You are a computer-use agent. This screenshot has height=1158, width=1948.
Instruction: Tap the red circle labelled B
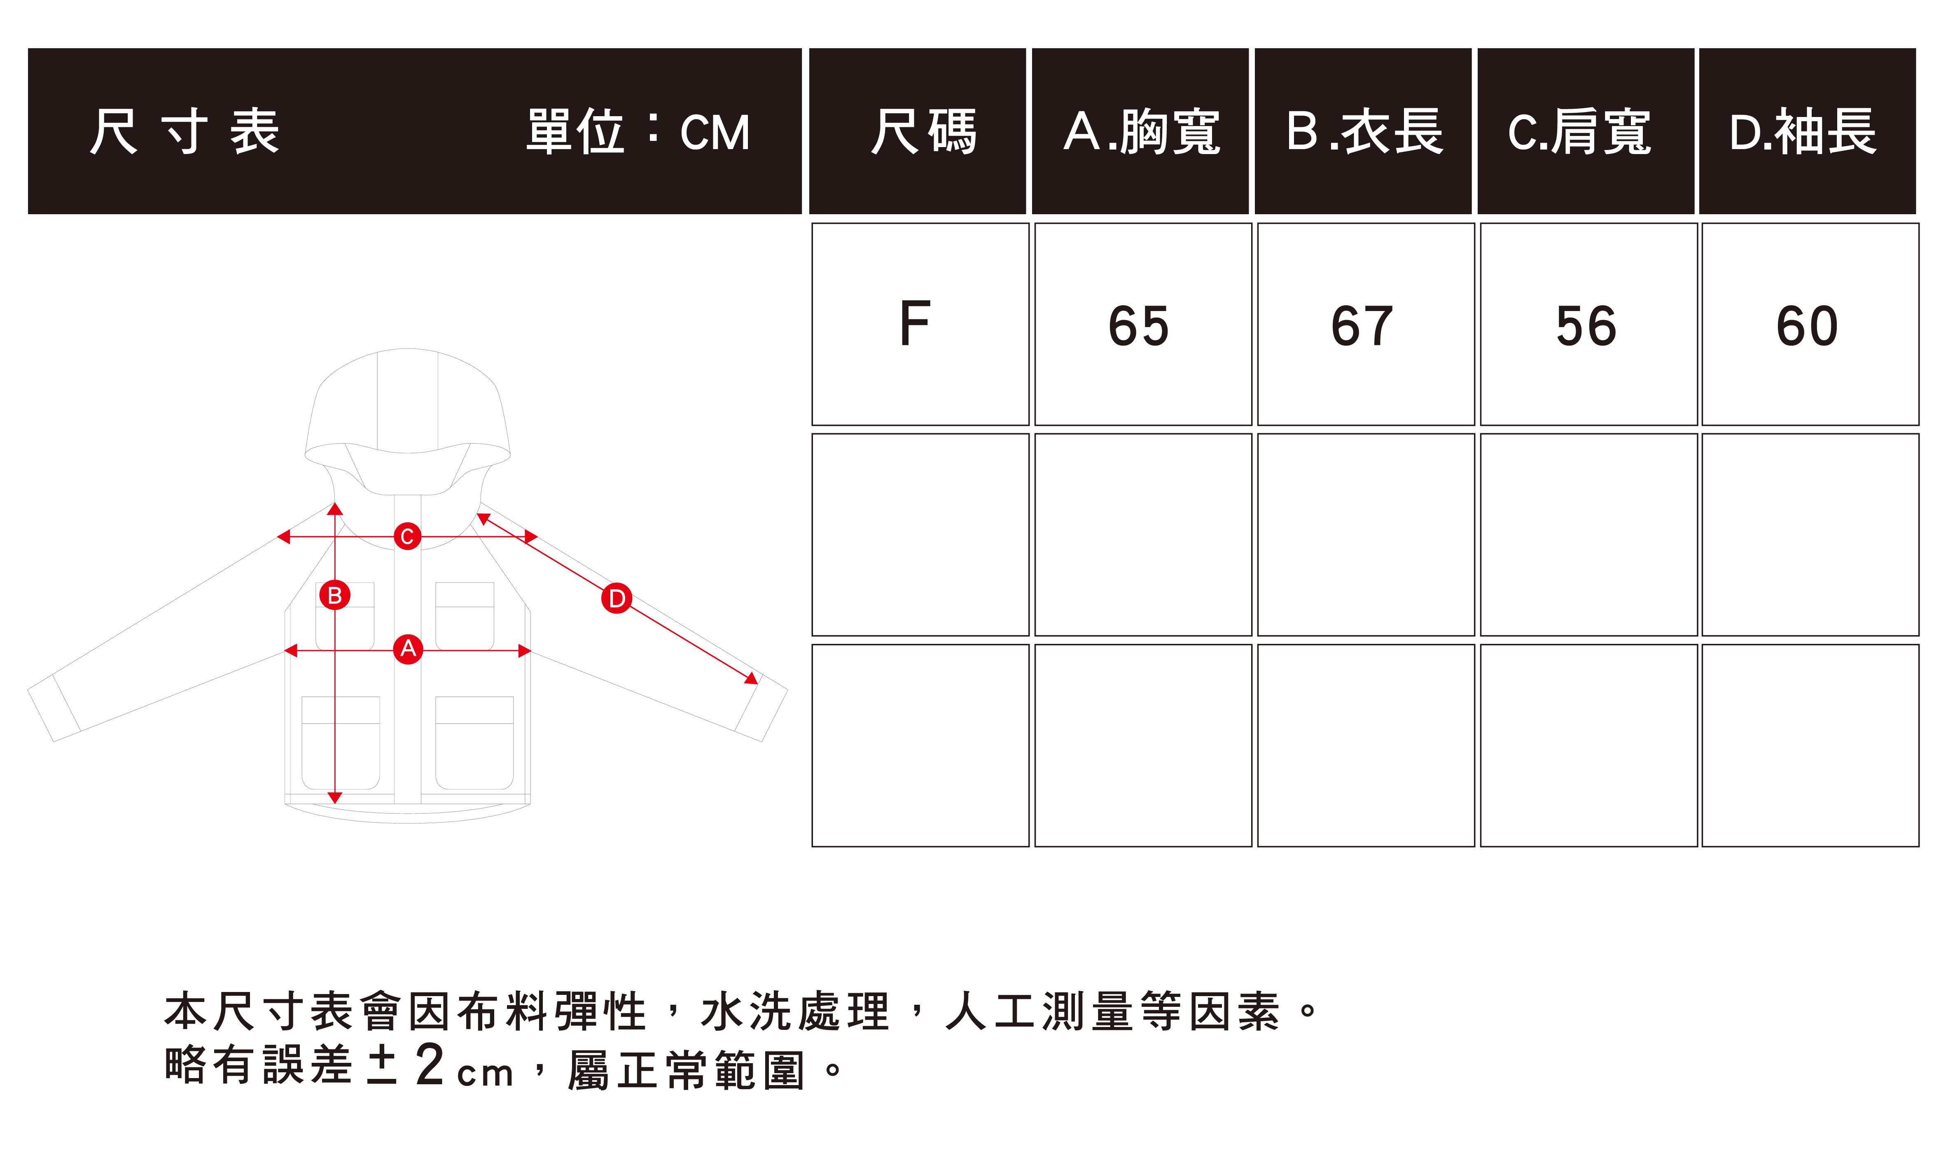pyautogui.click(x=335, y=595)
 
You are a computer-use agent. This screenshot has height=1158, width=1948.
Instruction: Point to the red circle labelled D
pyautogui.click(x=616, y=599)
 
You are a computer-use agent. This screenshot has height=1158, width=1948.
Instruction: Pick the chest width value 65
pyautogui.click(x=1139, y=325)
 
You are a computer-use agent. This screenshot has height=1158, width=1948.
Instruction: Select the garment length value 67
pyautogui.click(x=1362, y=325)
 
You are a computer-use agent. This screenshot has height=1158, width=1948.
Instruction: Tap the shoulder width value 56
pyautogui.click(x=1586, y=325)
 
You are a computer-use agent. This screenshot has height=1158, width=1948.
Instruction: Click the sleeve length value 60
pyautogui.click(x=1808, y=325)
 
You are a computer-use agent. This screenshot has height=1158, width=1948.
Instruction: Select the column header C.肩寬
pyautogui.click(x=1580, y=131)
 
